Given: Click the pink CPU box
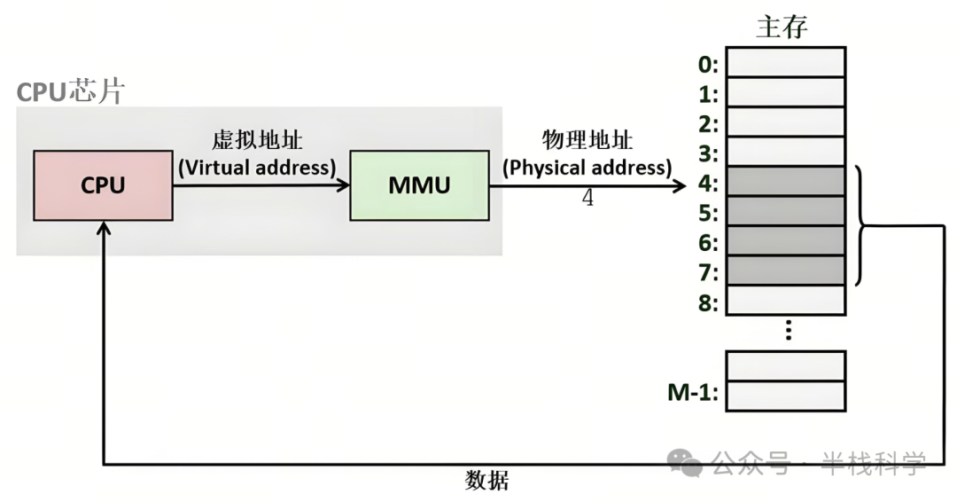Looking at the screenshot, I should click(x=103, y=185).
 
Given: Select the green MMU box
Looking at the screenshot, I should click(x=419, y=185).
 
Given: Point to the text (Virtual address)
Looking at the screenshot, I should click(x=257, y=167).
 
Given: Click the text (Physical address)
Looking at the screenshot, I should click(x=587, y=167).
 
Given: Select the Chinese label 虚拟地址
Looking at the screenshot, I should click(x=257, y=142).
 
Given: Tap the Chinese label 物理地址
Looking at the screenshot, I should click(x=587, y=142).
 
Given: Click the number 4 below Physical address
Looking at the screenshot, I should click(x=587, y=198).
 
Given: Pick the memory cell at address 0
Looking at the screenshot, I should click(x=785, y=62).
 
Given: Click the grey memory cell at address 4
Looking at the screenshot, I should click(x=785, y=182).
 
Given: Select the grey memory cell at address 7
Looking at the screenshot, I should click(x=785, y=270).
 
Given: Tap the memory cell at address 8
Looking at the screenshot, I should click(x=785, y=301).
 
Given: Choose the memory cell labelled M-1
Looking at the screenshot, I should click(x=785, y=396).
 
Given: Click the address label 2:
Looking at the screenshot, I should click(x=709, y=124).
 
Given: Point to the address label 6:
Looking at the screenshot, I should click(x=709, y=242).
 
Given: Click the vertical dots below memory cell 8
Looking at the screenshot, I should click(x=787, y=332).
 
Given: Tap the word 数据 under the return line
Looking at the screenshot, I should click(x=487, y=482).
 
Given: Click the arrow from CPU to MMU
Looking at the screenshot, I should click(x=261, y=185).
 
